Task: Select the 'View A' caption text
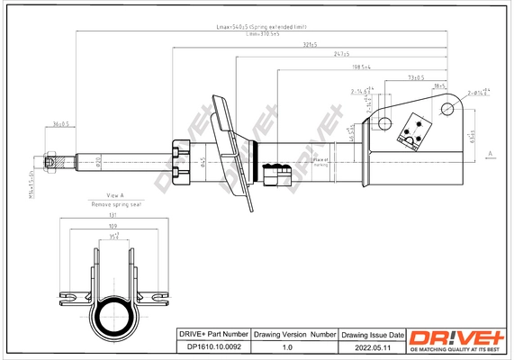pos(114,195)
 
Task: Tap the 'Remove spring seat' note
pos(115,204)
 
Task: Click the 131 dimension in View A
pos(113,217)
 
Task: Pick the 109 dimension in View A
pos(113,228)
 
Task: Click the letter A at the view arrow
pos(489,154)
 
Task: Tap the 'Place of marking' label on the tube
pos(319,161)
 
